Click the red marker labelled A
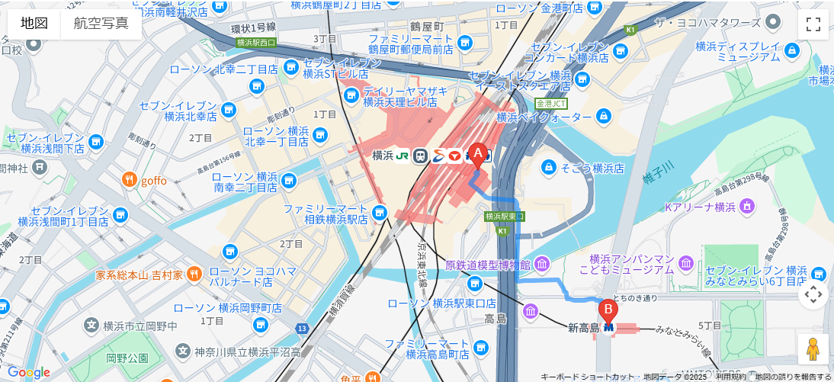click(x=478, y=155)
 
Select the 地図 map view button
click(x=34, y=23)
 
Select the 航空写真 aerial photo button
click(x=101, y=23)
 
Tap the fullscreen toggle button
click(x=813, y=24)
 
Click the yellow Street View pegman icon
click(x=813, y=348)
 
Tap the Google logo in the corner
click(x=29, y=372)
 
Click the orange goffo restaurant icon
click(x=130, y=181)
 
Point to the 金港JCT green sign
click(x=551, y=103)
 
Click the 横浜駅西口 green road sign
click(x=256, y=43)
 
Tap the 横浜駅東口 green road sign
click(x=505, y=217)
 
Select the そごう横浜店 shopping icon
click(x=549, y=167)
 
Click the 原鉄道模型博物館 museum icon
click(x=541, y=265)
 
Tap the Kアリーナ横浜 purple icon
click(x=747, y=206)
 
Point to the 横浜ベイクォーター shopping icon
click(x=604, y=117)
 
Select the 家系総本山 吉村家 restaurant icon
click(x=194, y=274)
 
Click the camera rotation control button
click(x=813, y=294)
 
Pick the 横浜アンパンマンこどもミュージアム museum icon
click(x=686, y=264)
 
